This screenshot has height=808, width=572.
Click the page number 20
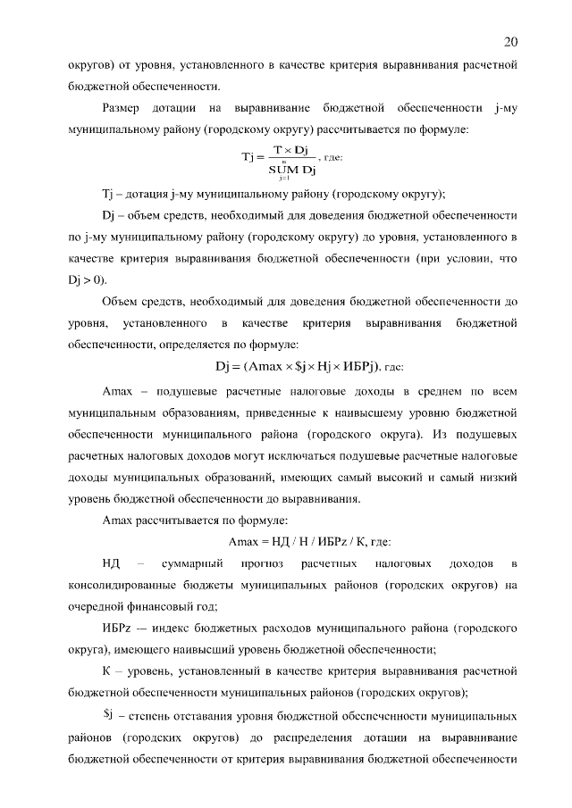510,42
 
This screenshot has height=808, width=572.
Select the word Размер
125,109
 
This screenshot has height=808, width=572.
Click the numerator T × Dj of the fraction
290,148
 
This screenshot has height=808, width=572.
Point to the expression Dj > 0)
87,279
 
